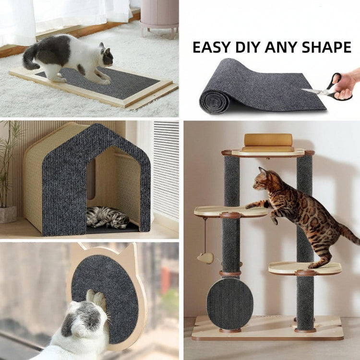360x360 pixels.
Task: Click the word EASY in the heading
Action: tap(211, 48)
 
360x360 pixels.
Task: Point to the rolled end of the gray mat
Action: tap(215, 101)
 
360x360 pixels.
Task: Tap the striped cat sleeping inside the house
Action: tap(108, 217)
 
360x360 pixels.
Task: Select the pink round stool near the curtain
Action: tap(159, 19)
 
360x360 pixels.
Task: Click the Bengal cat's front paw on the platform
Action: tap(249, 206)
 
